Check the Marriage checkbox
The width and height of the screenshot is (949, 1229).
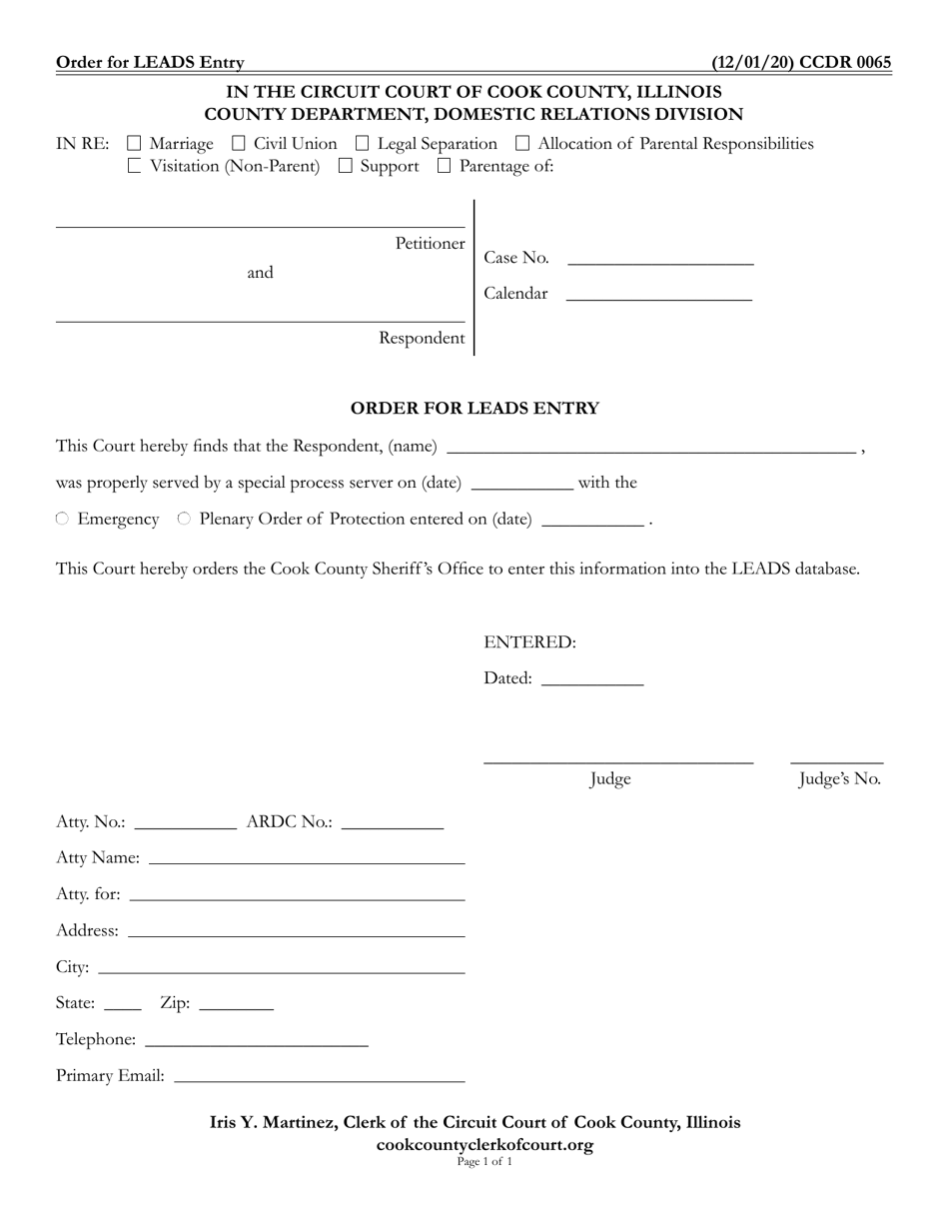pos(135,144)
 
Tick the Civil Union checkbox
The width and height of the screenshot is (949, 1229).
pos(239,144)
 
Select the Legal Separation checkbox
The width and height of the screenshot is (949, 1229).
pos(363,144)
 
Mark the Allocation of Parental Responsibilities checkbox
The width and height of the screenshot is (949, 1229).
pos(522,144)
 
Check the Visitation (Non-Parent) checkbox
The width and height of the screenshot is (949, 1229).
pos(135,167)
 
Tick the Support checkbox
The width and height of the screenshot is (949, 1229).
pos(346,167)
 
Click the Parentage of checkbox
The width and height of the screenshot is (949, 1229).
pos(445,167)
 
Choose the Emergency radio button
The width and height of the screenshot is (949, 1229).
pos(63,519)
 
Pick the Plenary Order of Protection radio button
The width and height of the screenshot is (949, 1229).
pos(185,519)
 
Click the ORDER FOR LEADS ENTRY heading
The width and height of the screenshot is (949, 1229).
pos(474,408)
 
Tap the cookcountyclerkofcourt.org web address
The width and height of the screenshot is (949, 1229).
pos(484,1145)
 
